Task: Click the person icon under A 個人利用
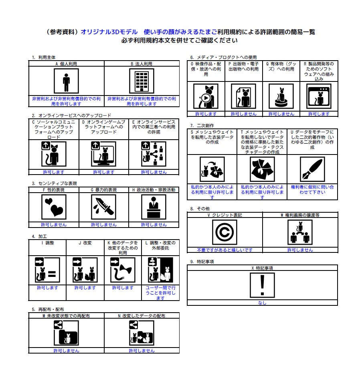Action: pos(66,81)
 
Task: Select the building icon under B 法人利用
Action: pos(141,81)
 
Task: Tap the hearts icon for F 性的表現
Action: pos(54,207)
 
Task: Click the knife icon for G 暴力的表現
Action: pos(103,207)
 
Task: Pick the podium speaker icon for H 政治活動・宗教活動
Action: pos(154,207)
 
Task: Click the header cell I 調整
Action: pos(47,243)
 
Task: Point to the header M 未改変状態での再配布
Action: pos(66,316)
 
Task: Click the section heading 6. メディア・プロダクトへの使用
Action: pos(223,57)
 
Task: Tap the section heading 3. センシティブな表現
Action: pos(54,183)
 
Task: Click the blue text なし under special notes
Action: pos(262,303)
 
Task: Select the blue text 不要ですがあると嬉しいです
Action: pos(224,250)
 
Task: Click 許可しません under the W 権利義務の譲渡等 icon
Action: pos(300,250)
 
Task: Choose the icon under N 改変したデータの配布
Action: pos(141,333)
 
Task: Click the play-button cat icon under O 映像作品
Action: pos(206,96)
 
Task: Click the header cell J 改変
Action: pos(85,243)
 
